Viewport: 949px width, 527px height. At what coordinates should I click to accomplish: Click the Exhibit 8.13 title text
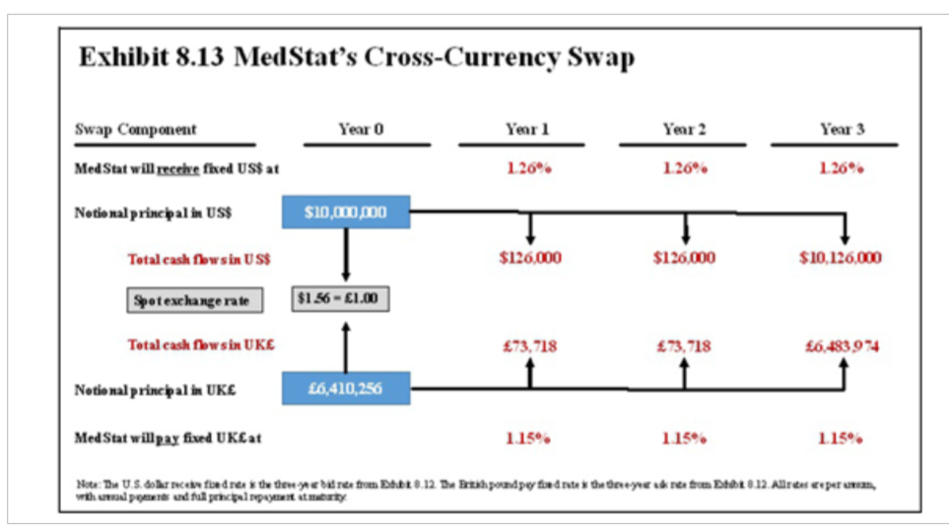[x=357, y=58]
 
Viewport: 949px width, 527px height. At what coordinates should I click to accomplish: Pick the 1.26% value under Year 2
[x=684, y=167]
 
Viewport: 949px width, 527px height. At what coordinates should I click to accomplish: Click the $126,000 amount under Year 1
[x=529, y=258]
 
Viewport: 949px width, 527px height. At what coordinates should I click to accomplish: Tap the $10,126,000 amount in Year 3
[x=841, y=258]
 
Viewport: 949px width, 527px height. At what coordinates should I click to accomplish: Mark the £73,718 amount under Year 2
[x=683, y=347]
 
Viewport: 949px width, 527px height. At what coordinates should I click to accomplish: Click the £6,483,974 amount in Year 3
[x=841, y=347]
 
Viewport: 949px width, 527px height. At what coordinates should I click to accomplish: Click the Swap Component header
[x=136, y=130]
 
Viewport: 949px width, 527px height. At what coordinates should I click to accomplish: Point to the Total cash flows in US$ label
[x=199, y=259]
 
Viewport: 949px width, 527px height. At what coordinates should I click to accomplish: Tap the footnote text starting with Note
[x=473, y=490]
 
